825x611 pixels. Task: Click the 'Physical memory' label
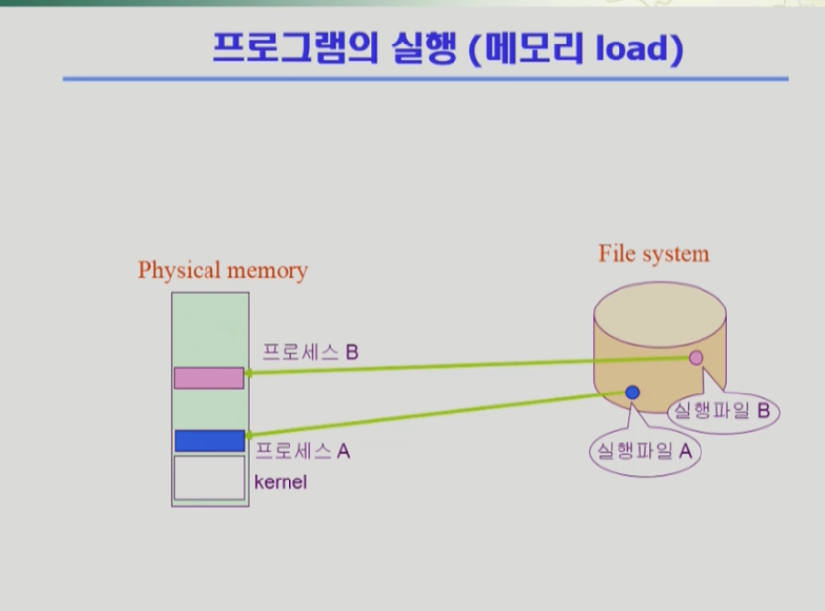click(x=222, y=270)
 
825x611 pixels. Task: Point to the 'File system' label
click(x=653, y=253)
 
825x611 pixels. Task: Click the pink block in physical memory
click(x=208, y=377)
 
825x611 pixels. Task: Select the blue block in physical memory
click(x=208, y=441)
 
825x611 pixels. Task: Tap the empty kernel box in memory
click(x=208, y=478)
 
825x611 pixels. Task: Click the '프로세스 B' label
click(x=309, y=351)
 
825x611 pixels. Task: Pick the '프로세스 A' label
click(x=302, y=451)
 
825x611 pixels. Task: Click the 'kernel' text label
click(x=281, y=482)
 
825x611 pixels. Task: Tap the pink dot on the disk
click(x=696, y=357)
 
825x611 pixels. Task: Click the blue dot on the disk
click(x=633, y=393)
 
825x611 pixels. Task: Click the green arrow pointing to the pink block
click(x=464, y=365)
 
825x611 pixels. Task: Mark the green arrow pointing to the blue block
click(x=435, y=414)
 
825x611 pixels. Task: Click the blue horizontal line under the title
click(x=425, y=79)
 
